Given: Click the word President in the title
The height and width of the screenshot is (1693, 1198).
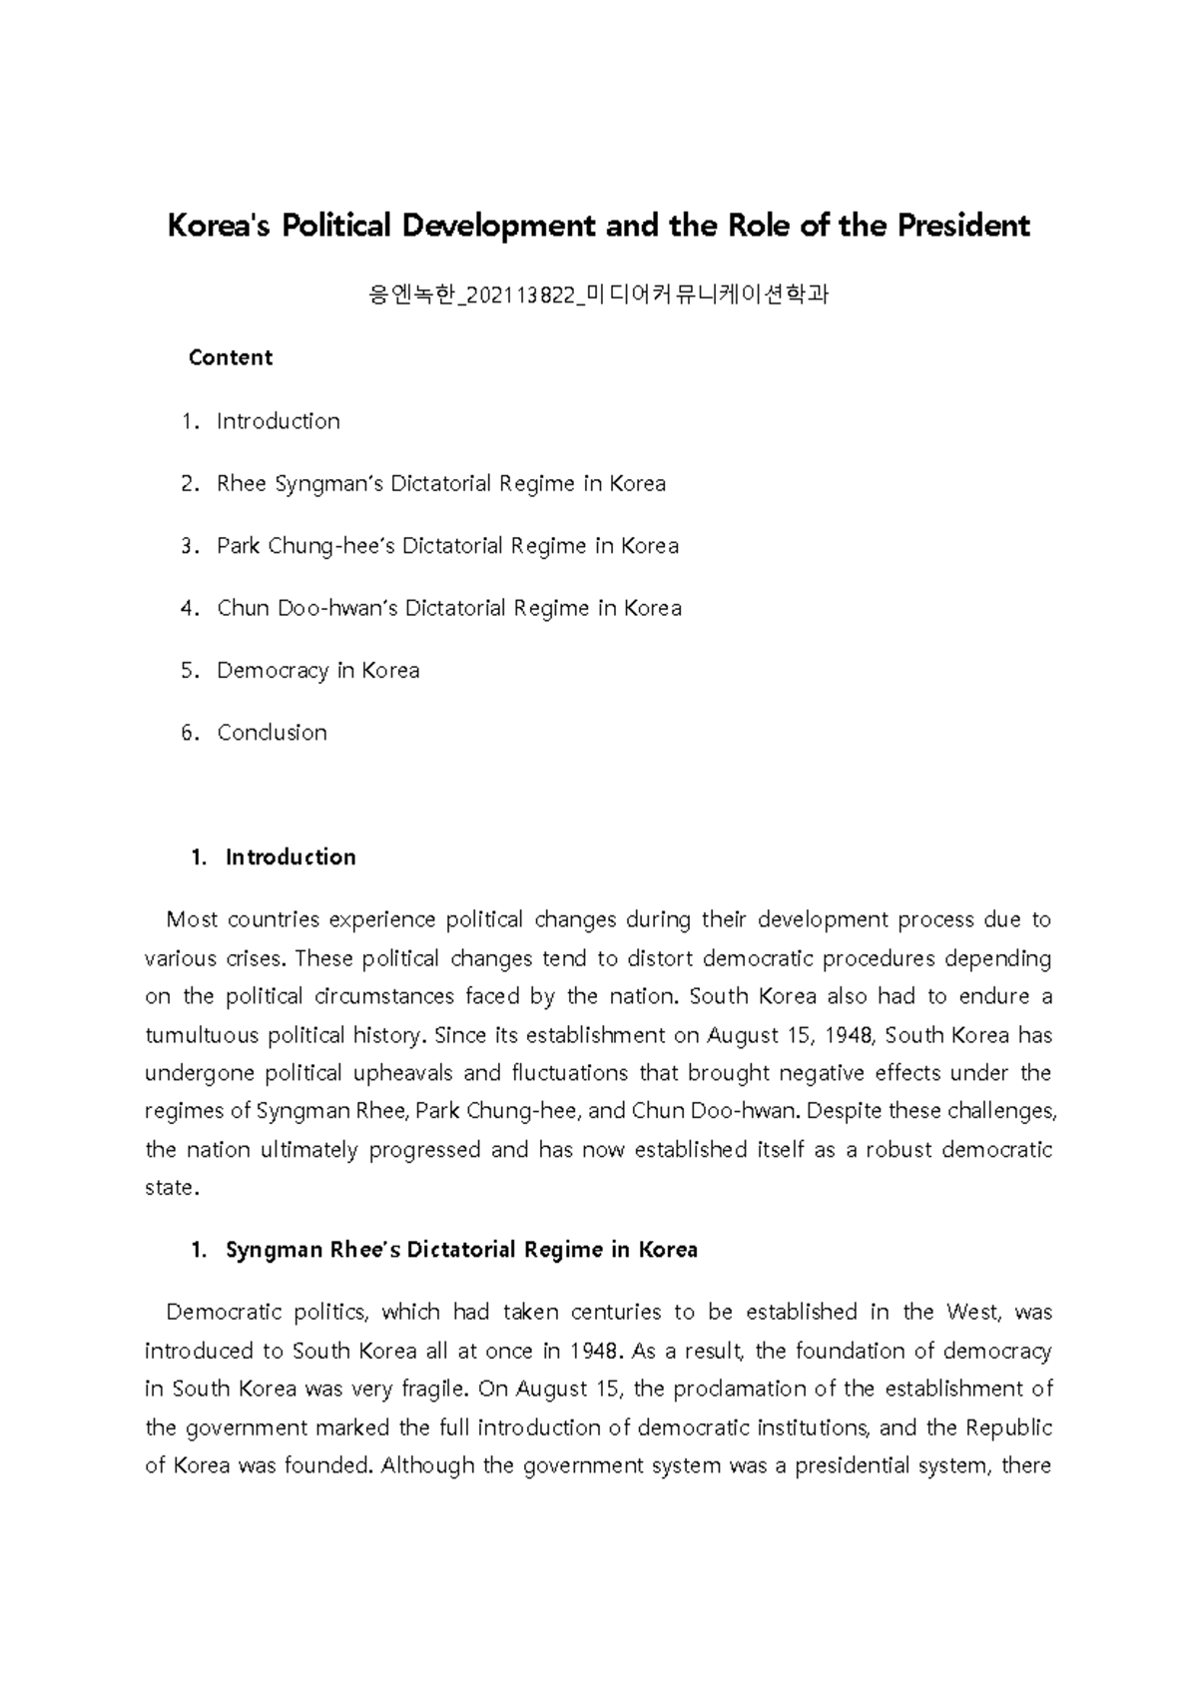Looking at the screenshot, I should [962, 226].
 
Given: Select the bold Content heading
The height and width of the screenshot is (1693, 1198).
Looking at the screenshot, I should [230, 357].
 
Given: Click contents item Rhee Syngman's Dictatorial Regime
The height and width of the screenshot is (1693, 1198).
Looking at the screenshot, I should [440, 483].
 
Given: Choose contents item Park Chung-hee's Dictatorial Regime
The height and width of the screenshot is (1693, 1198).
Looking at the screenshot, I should [447, 546].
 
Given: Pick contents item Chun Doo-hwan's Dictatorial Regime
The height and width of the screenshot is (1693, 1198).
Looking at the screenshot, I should [448, 608].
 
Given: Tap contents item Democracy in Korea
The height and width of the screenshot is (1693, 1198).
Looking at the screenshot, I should [317, 670].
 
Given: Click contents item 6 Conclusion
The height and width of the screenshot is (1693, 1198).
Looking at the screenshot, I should [272, 733].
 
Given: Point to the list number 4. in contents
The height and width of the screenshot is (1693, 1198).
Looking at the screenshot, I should [190, 608].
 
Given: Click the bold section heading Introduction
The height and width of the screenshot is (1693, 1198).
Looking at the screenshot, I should [291, 856].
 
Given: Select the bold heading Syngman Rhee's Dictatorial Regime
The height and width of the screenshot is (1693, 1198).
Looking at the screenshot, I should [461, 1250].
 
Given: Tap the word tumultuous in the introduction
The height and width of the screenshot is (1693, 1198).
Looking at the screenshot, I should [202, 1035].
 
